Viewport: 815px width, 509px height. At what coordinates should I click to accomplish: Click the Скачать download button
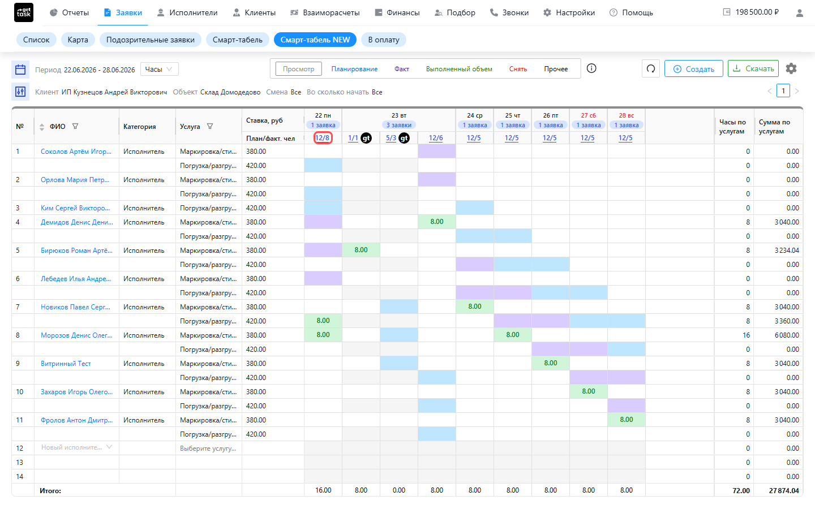753,69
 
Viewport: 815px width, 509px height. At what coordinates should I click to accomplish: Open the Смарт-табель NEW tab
315,40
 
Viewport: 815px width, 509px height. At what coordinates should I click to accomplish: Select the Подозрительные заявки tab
151,40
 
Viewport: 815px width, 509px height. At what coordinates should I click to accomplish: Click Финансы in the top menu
397,12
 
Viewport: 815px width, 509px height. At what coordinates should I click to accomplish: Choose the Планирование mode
354,69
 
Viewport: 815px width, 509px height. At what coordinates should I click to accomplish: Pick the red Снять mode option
518,69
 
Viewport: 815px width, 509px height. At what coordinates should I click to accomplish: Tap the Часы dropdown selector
159,69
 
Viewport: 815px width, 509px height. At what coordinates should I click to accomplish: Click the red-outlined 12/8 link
323,138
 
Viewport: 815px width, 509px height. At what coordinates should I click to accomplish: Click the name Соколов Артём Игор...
76,152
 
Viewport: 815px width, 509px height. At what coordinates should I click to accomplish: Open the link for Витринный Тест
66,364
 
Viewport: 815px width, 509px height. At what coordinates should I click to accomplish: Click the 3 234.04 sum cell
787,251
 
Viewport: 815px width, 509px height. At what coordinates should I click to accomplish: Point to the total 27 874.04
784,491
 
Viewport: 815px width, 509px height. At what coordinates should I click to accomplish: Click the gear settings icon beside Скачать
791,68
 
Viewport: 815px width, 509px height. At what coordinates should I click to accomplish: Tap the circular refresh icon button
651,69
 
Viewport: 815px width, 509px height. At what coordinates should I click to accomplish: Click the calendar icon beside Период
20,69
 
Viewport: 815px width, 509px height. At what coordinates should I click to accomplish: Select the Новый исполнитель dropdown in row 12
76,447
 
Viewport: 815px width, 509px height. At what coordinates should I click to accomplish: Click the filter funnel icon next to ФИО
75,126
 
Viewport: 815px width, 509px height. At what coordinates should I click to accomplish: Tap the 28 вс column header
626,115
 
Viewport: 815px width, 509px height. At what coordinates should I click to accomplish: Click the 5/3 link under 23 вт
391,138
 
